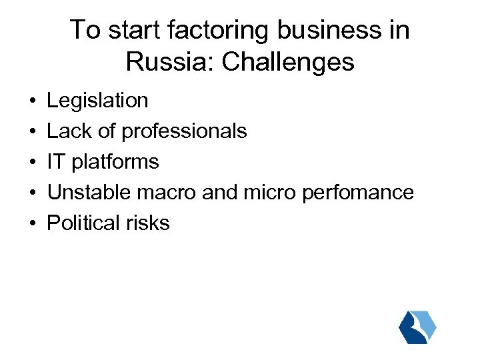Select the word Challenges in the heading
[289, 62]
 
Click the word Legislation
[98, 101]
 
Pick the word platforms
[117, 162]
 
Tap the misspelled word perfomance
[358, 193]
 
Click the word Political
[80, 223]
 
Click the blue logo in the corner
[417, 327]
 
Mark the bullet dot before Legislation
[33, 101]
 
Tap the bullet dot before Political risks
[33, 224]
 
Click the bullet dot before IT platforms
[33, 163]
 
